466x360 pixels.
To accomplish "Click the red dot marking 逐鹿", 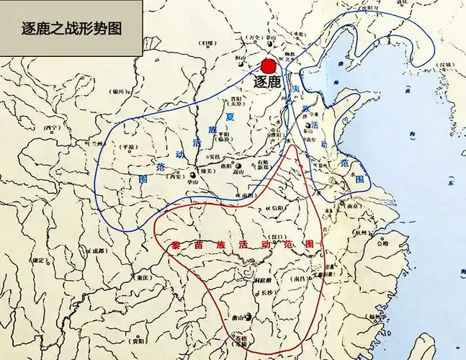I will [x=269, y=66].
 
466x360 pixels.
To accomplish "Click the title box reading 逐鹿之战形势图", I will [x=71, y=29].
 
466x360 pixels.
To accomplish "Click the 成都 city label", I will [x=97, y=251].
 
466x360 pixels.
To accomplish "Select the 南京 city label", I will [x=353, y=205].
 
